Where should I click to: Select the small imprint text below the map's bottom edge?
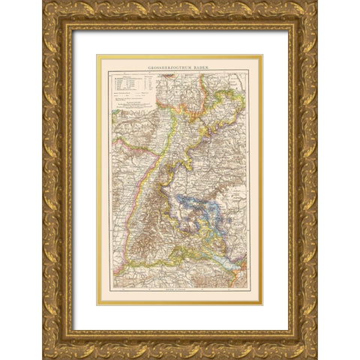click(x=180, y=298)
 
